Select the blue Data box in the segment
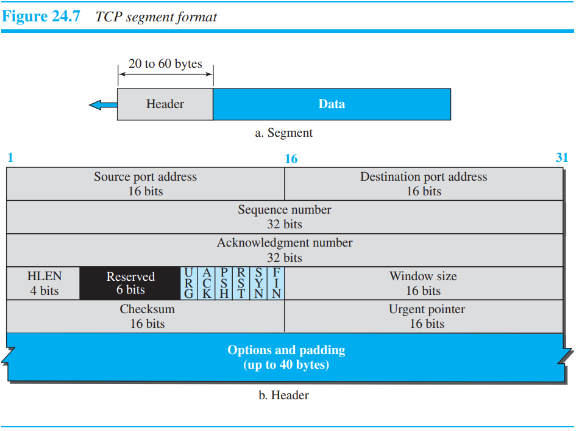coord(332,104)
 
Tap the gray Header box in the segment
coord(165,104)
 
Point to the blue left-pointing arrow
coord(103,105)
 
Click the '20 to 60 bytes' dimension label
coord(165,64)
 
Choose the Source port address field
coord(145,184)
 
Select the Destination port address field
coord(424,184)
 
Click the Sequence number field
coord(285,217)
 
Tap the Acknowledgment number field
coord(285,250)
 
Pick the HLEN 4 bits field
coord(43,283)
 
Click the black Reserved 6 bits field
coord(130,283)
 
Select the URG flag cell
coord(189,283)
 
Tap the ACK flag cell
coord(207,283)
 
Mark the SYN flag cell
coord(259,283)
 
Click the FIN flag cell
coord(276,283)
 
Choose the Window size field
coord(424,283)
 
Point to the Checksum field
coord(145,316)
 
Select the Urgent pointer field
coord(424,316)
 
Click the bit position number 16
coord(291,159)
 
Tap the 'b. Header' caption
coord(284,395)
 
